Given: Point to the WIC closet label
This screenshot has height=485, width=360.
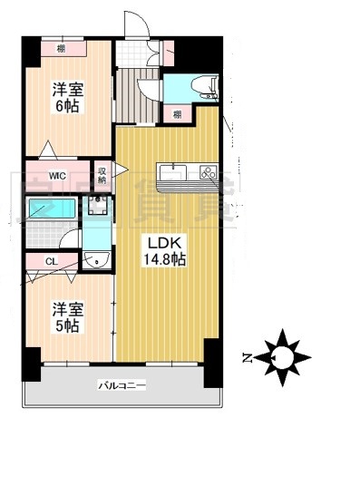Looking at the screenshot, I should point(57,175).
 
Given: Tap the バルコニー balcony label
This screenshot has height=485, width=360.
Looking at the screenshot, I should point(122,385).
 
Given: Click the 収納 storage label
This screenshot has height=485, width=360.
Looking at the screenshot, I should point(102,172).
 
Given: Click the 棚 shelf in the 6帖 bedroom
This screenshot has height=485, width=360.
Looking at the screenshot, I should point(61,48).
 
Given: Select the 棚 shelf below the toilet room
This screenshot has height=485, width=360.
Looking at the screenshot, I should point(177,113).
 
